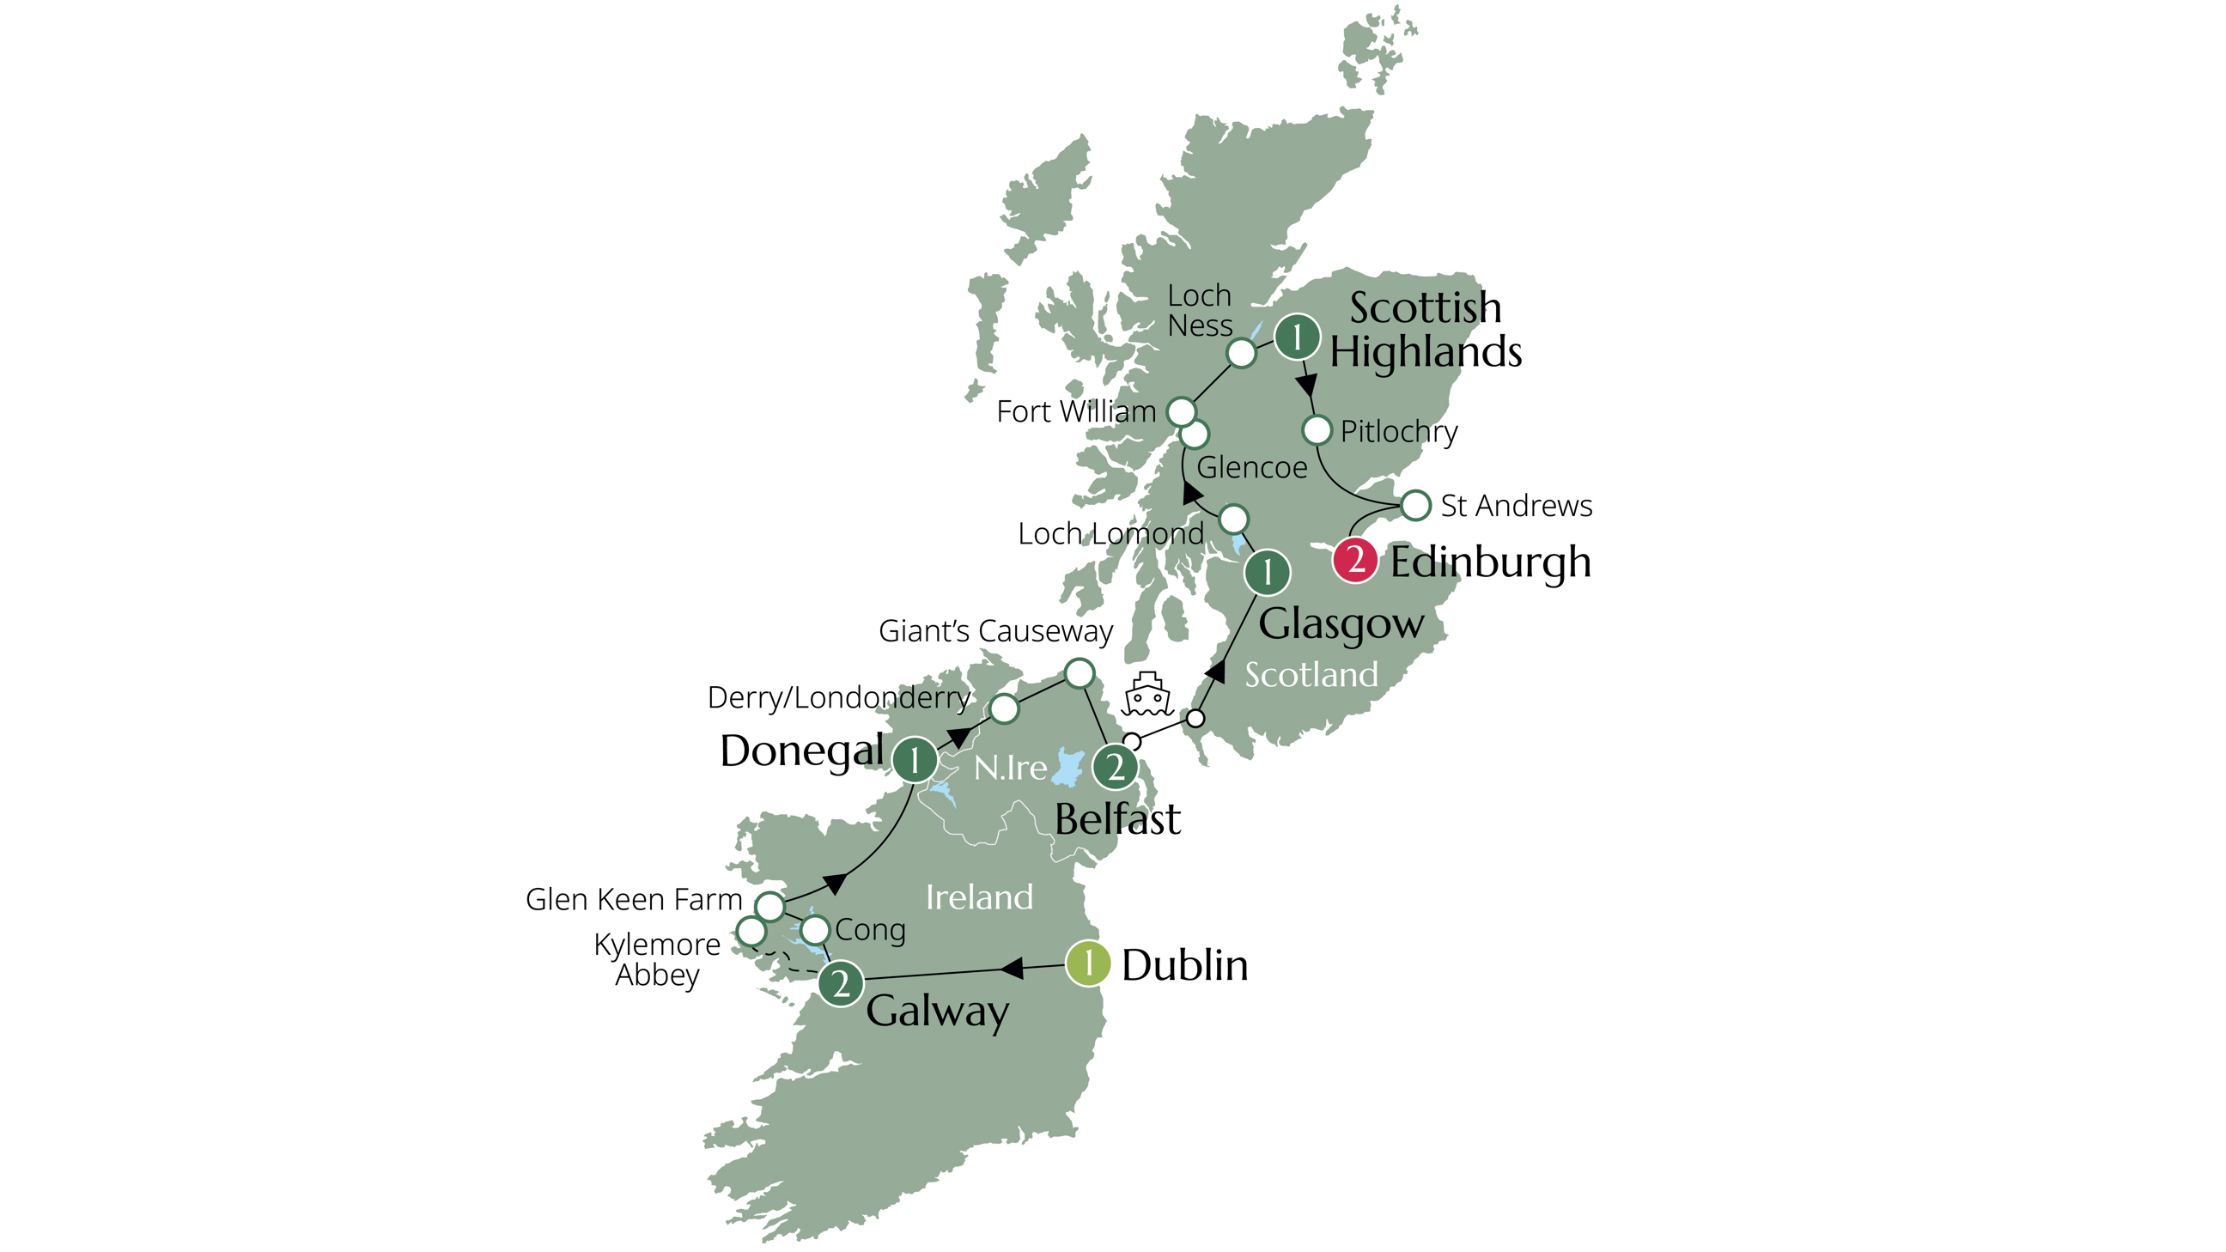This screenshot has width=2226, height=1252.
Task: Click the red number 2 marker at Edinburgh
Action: [x=1354, y=560]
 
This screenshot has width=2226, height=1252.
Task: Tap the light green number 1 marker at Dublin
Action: [x=1087, y=963]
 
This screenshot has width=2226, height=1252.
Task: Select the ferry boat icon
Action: [x=1146, y=695]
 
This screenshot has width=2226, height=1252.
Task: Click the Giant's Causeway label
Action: [x=995, y=632]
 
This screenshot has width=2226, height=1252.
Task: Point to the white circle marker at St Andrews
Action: [x=1415, y=505]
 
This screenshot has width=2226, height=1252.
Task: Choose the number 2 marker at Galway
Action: [x=840, y=983]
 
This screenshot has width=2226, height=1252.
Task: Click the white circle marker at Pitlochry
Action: [x=1316, y=429]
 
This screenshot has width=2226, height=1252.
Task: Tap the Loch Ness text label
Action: [x=1200, y=310]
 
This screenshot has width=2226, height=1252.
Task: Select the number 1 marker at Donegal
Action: [x=915, y=760]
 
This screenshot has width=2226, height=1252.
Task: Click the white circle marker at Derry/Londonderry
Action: [x=1003, y=708]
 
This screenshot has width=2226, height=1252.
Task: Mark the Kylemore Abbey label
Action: [x=657, y=959]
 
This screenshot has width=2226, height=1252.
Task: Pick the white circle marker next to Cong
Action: [x=815, y=930]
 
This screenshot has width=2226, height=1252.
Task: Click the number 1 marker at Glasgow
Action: [x=1267, y=572]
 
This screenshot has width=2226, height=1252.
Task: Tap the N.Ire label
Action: [x=1009, y=768]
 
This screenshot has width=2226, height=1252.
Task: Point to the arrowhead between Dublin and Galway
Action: [x=1012, y=968]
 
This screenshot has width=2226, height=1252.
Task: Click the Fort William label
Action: [x=1076, y=411]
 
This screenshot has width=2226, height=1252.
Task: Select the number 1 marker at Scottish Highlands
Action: [x=1296, y=336]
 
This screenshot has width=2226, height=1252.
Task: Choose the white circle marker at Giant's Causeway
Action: [x=1079, y=672]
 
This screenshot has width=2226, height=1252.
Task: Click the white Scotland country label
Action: [x=1311, y=675]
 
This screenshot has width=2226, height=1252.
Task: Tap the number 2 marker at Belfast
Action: [x=1115, y=767]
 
